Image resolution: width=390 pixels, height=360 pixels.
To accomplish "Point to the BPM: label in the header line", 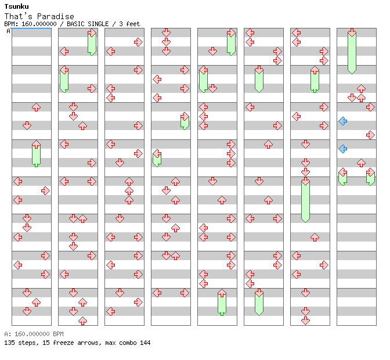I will coord(10,24).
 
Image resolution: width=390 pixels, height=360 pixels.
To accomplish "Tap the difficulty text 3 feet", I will coord(129,24).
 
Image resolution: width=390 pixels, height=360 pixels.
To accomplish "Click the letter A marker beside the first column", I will coord(9,31).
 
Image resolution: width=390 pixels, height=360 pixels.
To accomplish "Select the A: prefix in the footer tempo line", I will coord(8,334).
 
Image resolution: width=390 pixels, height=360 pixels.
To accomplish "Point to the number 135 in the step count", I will coord(9,343).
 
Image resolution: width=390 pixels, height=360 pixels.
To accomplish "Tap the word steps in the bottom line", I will coord(26,343).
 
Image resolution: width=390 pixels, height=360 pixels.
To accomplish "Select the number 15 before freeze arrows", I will coord(43,343).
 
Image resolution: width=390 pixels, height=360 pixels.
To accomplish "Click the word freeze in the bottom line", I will coord(59,343).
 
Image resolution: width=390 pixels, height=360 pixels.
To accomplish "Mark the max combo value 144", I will coord(145,343).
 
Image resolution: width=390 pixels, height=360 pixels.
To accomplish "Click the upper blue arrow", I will coord(343,121).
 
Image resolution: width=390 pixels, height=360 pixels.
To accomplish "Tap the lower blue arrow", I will coord(343,149).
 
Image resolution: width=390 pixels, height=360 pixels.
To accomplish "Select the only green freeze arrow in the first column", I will coord(36,153).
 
